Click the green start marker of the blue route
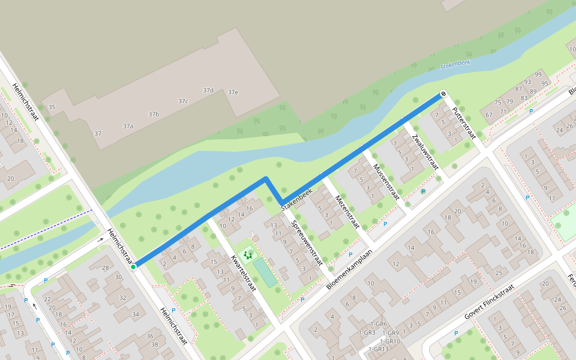pyautogui.click(x=133, y=266)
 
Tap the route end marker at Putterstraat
pyautogui.click(x=443, y=94)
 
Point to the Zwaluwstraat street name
pyautogui.click(x=425, y=154)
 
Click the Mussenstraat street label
pyautogui.click(x=386, y=182)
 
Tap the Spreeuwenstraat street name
pyautogui.click(x=307, y=242)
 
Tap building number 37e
pyautogui.click(x=233, y=92)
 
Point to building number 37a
pyautogui.click(x=128, y=126)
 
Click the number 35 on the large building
pyautogui.click(x=52, y=107)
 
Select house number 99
pyautogui.click(x=538, y=74)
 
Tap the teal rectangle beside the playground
pyautogui.click(x=265, y=272)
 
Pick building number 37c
pyautogui.click(x=183, y=101)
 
